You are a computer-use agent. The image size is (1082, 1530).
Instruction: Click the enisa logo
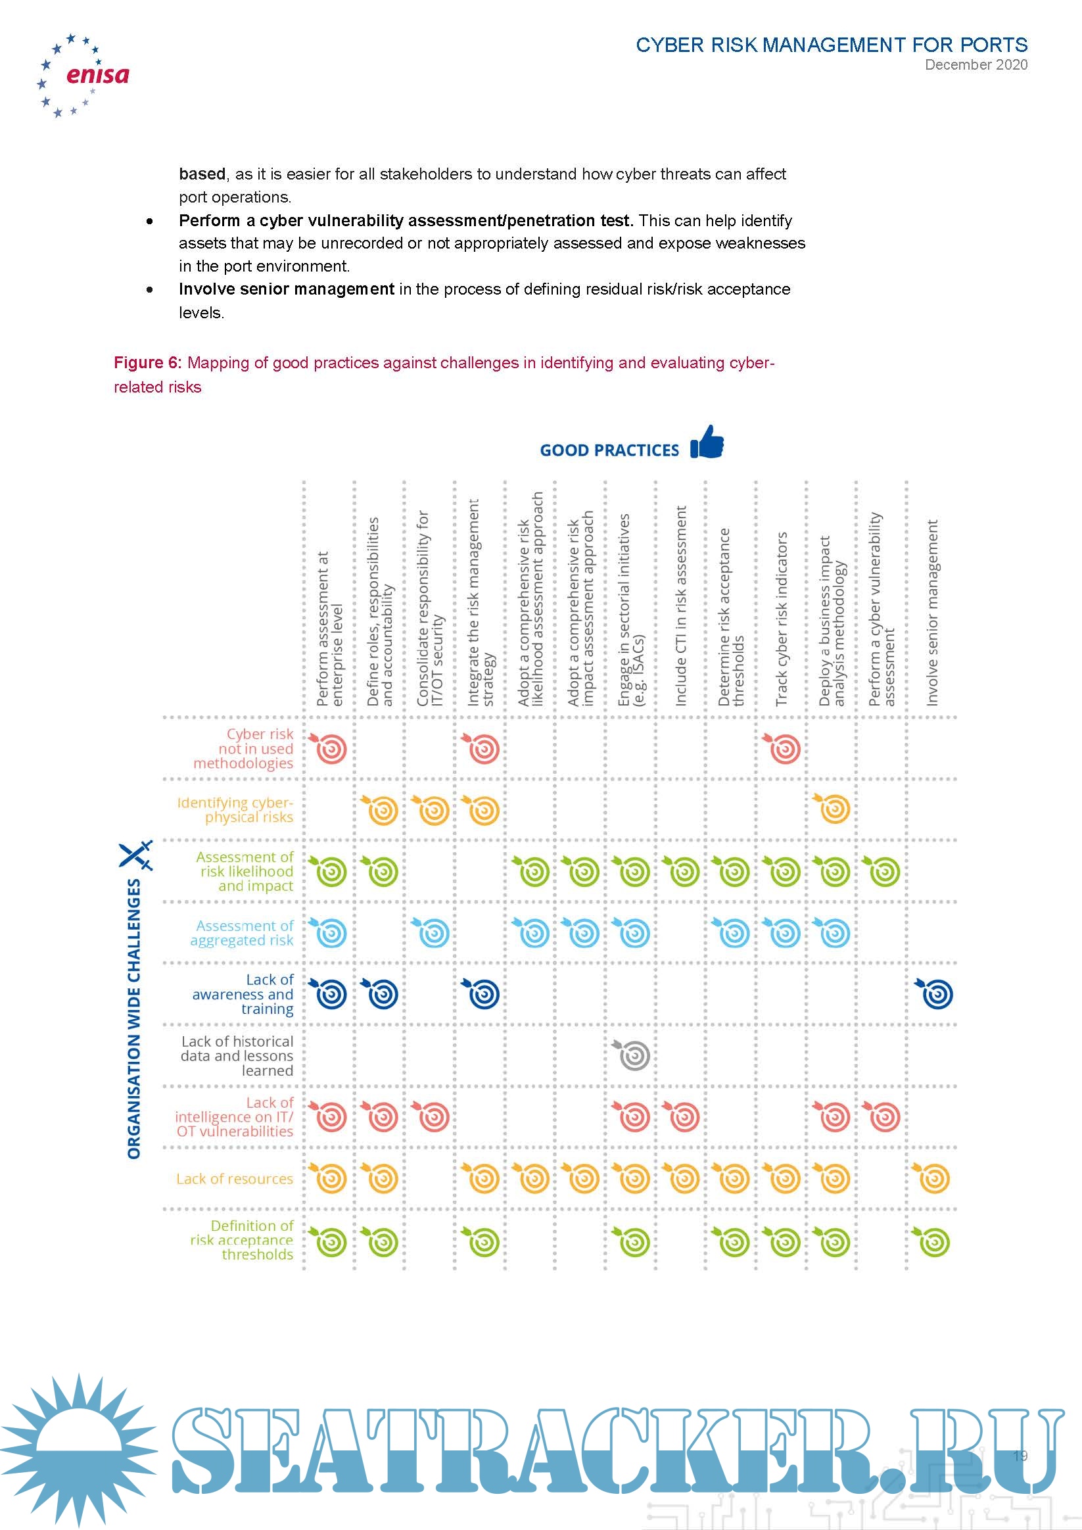point(83,75)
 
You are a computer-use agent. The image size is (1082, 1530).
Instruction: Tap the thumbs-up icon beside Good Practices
point(707,442)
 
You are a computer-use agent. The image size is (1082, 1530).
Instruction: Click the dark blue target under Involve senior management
point(935,993)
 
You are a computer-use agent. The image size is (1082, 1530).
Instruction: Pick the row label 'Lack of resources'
point(235,1178)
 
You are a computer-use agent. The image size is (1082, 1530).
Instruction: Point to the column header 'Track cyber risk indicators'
point(782,619)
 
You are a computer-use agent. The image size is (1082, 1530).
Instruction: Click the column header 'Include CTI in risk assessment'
point(680,606)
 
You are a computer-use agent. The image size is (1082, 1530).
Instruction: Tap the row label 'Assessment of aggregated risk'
point(242,933)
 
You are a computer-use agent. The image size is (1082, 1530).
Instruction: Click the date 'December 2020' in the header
point(976,64)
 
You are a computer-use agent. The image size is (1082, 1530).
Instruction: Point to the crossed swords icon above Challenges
point(136,854)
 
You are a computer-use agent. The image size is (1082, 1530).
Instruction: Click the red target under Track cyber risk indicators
point(784,748)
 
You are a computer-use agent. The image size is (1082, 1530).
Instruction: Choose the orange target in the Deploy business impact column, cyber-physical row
point(833,809)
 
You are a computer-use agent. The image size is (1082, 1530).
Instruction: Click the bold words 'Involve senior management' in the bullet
point(287,289)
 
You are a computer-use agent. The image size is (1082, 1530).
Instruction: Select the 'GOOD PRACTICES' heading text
point(609,450)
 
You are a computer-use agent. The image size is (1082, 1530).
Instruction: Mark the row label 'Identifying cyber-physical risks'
point(236,809)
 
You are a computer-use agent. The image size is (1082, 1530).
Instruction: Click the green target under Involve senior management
point(933,1241)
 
